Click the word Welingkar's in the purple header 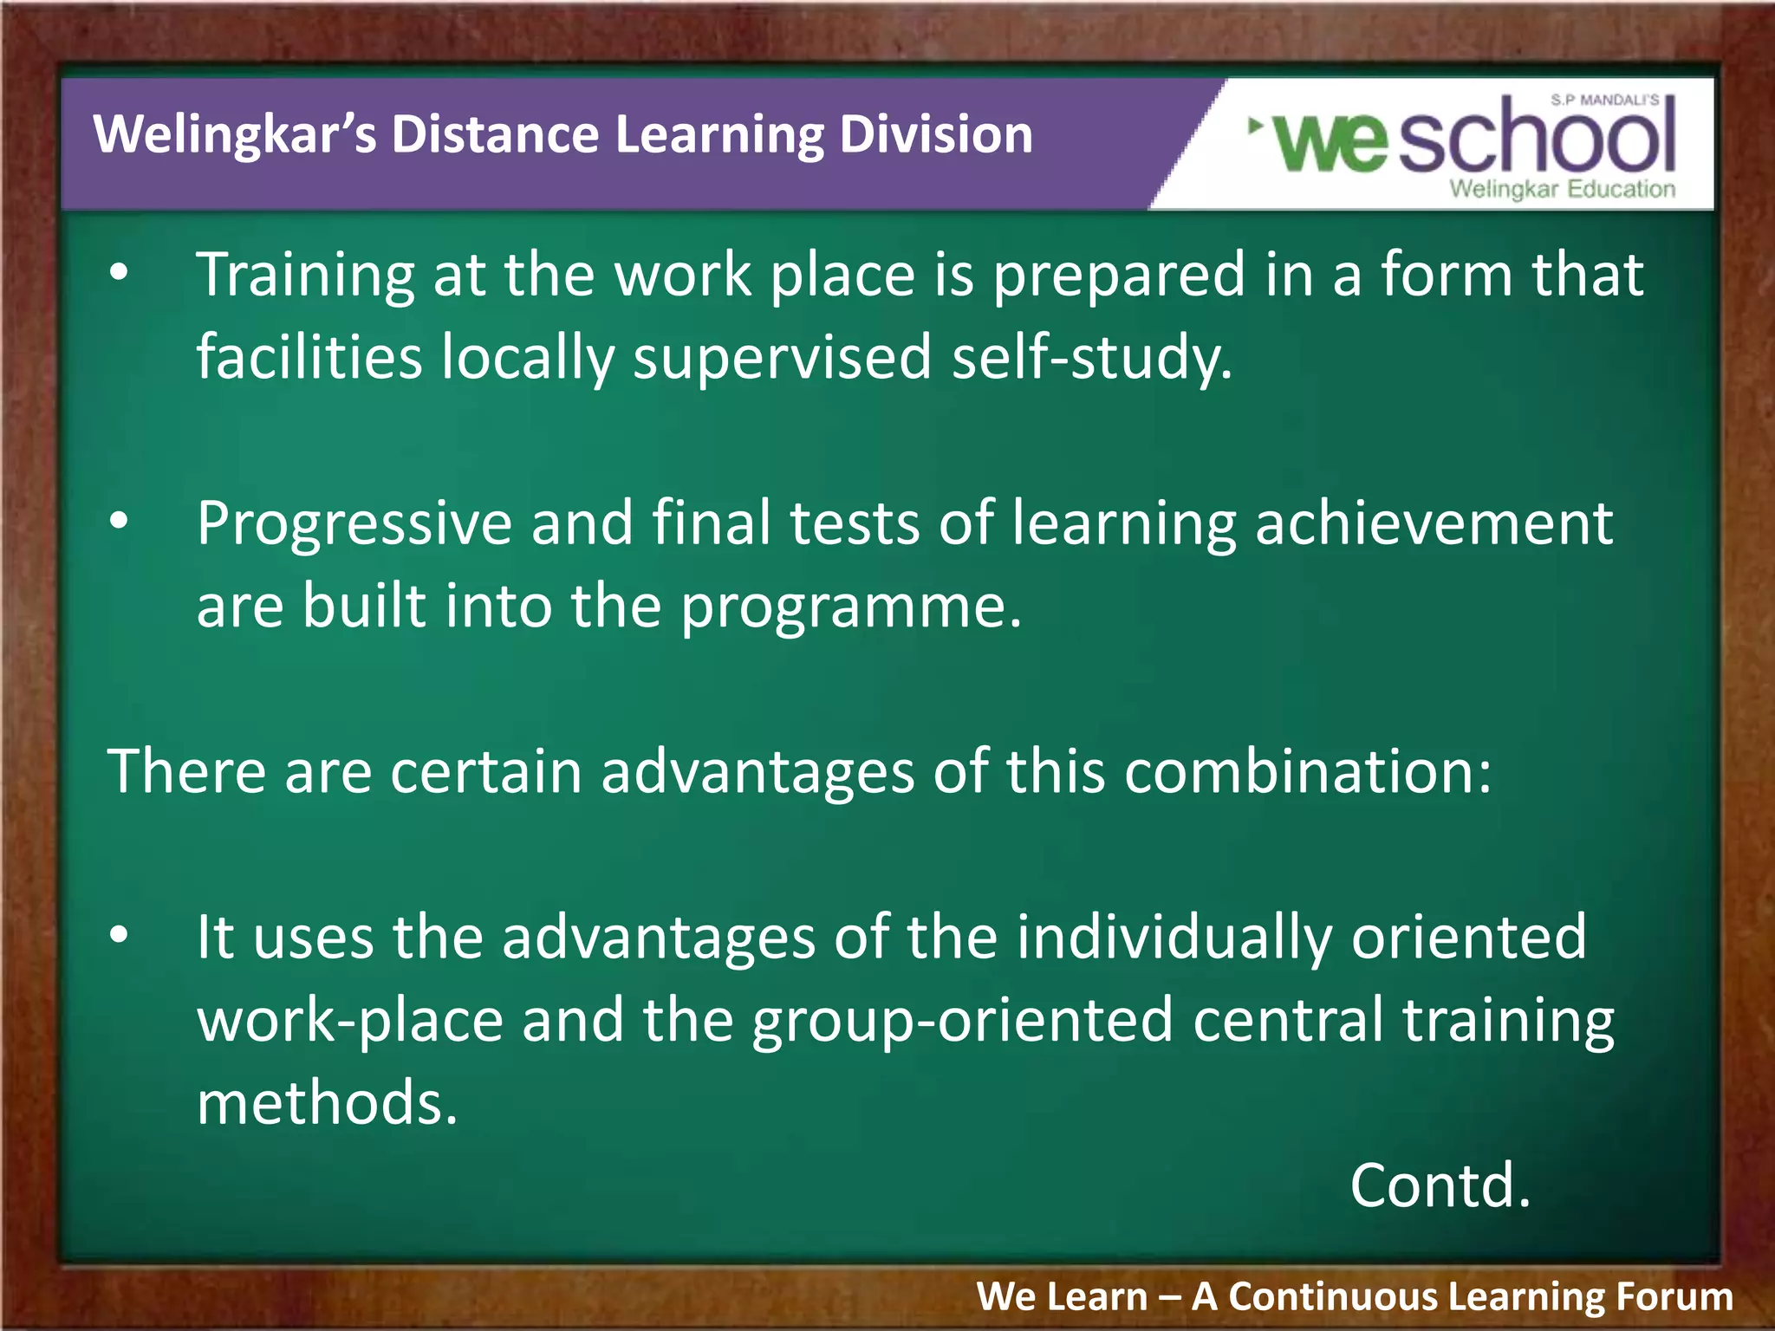(x=235, y=135)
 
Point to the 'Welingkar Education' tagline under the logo (x=1562, y=190)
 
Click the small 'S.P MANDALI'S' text (x=1604, y=101)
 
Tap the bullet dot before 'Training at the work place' (x=120, y=274)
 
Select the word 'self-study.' (x=1092, y=358)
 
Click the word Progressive (x=354, y=525)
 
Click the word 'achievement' (x=1434, y=523)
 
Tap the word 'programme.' (x=851, y=607)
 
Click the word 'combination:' (x=1308, y=771)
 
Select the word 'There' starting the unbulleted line (x=185, y=771)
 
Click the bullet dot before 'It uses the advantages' (x=120, y=935)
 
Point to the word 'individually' (x=1174, y=939)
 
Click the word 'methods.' (x=327, y=1103)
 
